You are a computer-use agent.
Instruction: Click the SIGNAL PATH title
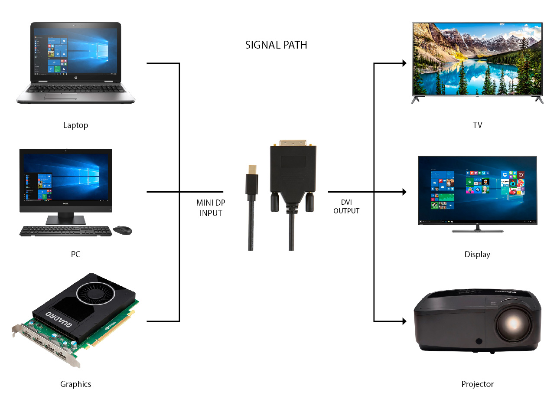(276, 45)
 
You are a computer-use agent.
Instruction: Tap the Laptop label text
(75, 125)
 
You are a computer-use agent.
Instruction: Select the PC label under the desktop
(75, 254)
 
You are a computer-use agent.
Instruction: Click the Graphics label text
(75, 384)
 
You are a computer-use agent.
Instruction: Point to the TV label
(477, 125)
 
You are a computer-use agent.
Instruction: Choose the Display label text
(477, 255)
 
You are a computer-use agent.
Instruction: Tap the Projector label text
(477, 384)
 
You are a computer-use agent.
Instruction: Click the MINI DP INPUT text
(211, 208)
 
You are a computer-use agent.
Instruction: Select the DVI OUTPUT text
(346, 206)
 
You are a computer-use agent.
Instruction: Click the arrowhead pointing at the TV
(404, 63)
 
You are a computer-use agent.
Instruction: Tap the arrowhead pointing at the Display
(404, 192)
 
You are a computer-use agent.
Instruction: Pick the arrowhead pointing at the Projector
(404, 321)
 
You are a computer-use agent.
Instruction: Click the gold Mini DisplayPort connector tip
(252, 170)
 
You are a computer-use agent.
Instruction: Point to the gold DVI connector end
(293, 143)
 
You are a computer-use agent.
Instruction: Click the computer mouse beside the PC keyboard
(122, 230)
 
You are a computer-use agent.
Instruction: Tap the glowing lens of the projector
(513, 324)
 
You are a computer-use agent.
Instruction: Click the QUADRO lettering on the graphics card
(59, 319)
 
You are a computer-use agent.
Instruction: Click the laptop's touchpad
(60, 96)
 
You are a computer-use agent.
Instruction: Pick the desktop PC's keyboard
(65, 231)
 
